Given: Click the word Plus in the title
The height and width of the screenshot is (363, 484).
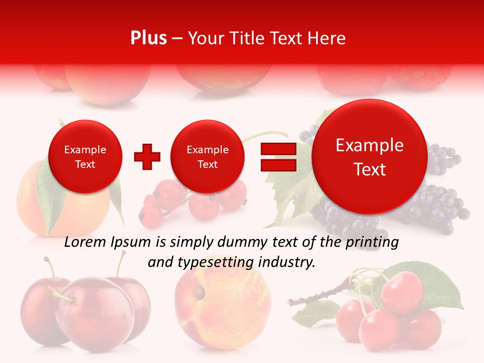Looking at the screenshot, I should [148, 38].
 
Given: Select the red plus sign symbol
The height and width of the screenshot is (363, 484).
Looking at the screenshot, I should [147, 157].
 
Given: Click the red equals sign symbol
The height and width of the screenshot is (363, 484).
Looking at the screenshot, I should [278, 157].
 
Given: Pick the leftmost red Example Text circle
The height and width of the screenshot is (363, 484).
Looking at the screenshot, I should [85, 157].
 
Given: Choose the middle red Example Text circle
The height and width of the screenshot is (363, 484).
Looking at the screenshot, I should [207, 157].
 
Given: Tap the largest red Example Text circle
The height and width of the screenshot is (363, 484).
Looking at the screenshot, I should [370, 157].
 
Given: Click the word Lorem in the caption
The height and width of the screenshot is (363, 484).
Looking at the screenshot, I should [85, 243].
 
